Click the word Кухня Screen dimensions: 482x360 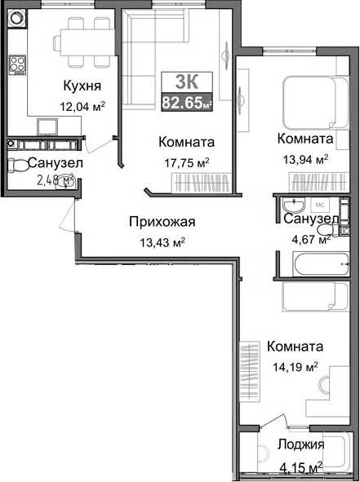point(84,84)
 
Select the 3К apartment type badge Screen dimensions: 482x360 point(188,82)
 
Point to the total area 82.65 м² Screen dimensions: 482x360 point(188,103)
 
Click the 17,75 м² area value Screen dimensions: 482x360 point(187,161)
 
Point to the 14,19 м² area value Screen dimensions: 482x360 point(295,366)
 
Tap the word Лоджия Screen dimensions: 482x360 point(300,444)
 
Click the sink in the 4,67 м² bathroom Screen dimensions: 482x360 point(291,206)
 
